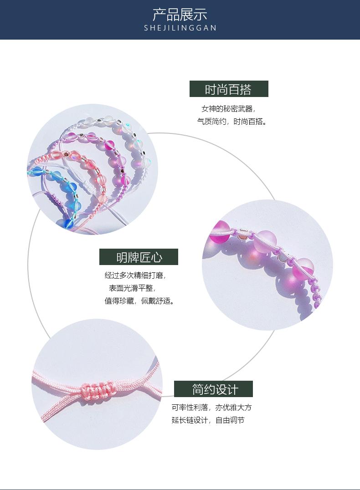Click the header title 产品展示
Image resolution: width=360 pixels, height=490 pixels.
[180, 15]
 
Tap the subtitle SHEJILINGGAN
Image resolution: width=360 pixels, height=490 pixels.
[180, 28]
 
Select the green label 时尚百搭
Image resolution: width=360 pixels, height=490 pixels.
[229, 89]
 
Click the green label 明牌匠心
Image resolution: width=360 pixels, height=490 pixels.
[139, 257]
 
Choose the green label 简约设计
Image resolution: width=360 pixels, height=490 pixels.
[213, 389]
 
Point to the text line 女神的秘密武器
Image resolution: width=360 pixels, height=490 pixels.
[228, 109]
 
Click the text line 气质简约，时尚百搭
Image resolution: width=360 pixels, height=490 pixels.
[231, 122]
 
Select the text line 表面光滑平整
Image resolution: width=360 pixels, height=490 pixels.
[132, 288]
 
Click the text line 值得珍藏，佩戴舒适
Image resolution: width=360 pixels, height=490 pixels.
[139, 301]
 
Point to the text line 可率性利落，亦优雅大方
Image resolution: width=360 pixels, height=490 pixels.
[211, 408]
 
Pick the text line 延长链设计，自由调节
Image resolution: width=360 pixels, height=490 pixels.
[208, 420]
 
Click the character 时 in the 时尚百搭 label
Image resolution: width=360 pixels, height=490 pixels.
[211, 90]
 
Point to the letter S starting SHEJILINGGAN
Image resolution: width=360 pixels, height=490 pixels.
[146, 28]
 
